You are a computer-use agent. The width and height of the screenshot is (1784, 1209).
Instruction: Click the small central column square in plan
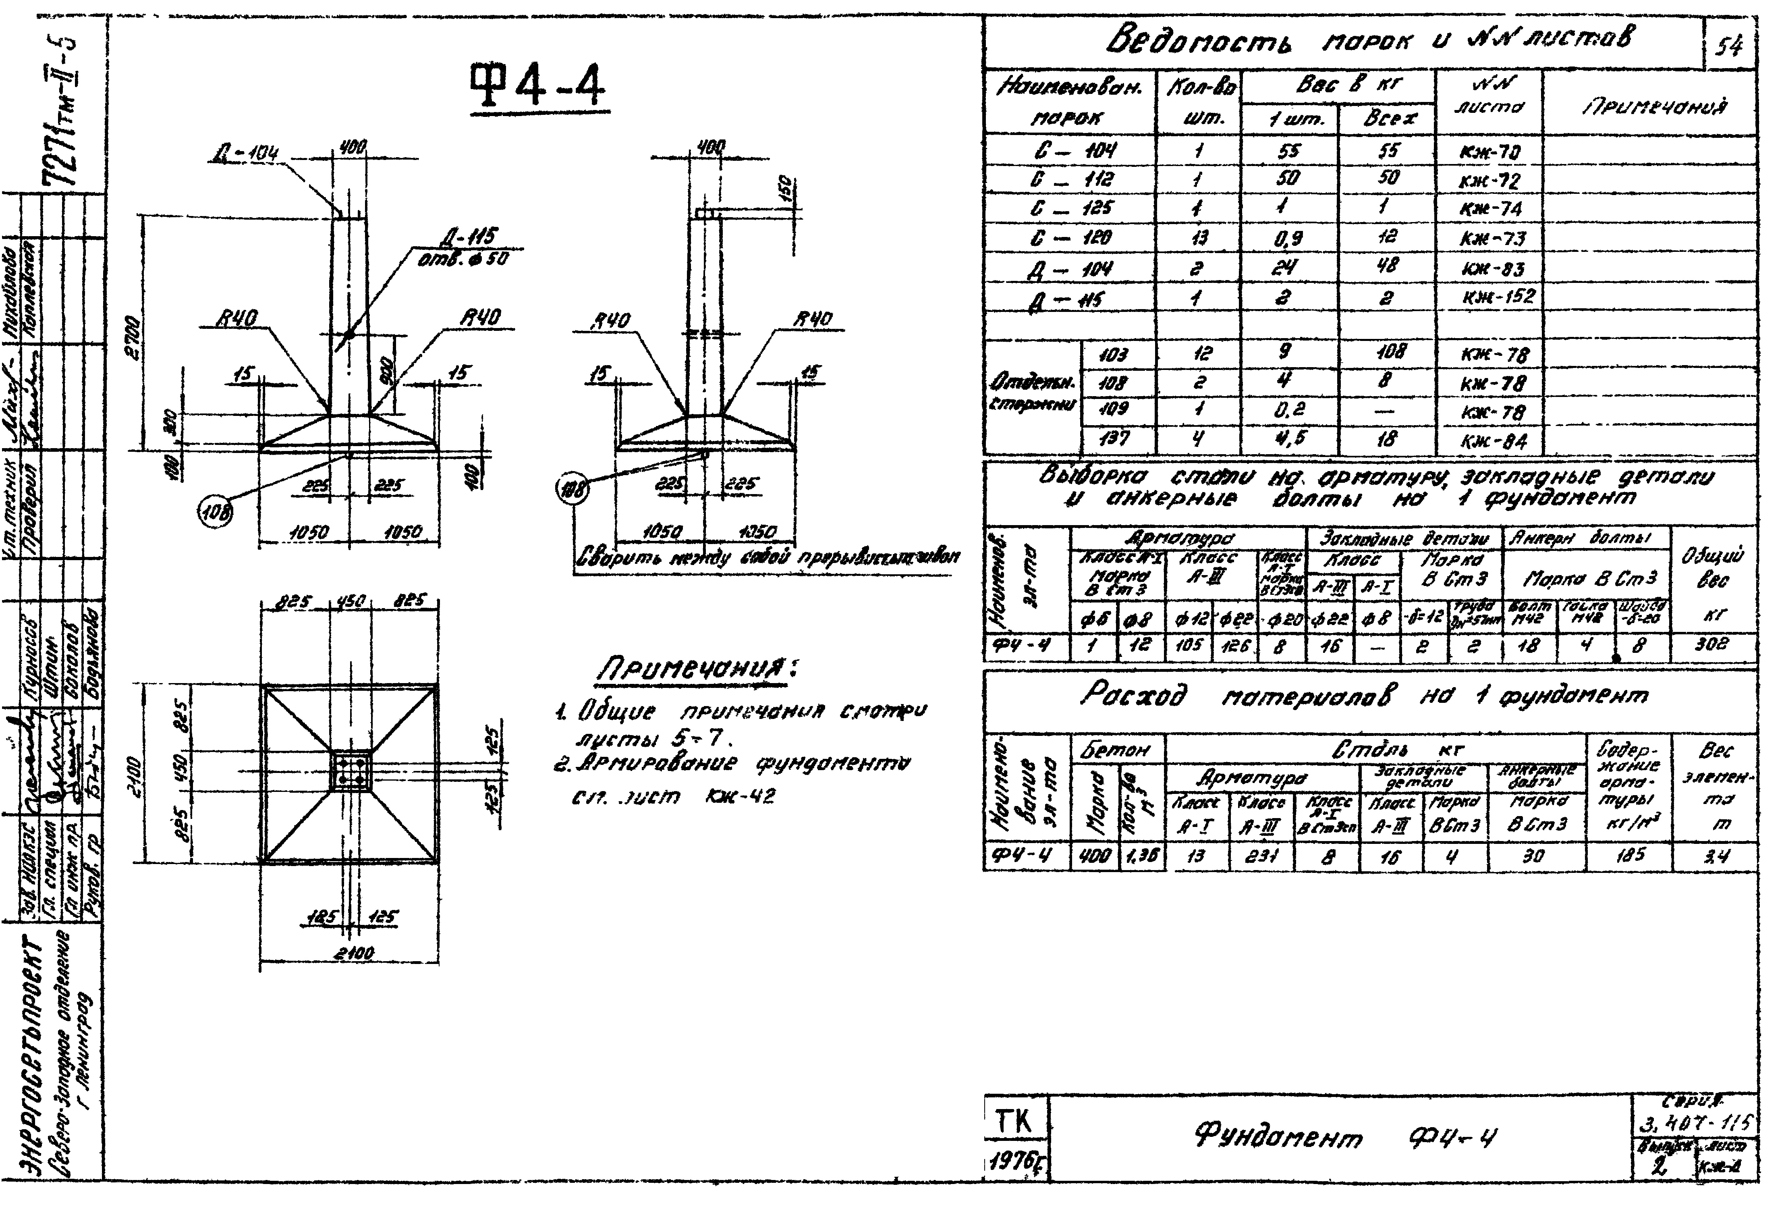point(350,771)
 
